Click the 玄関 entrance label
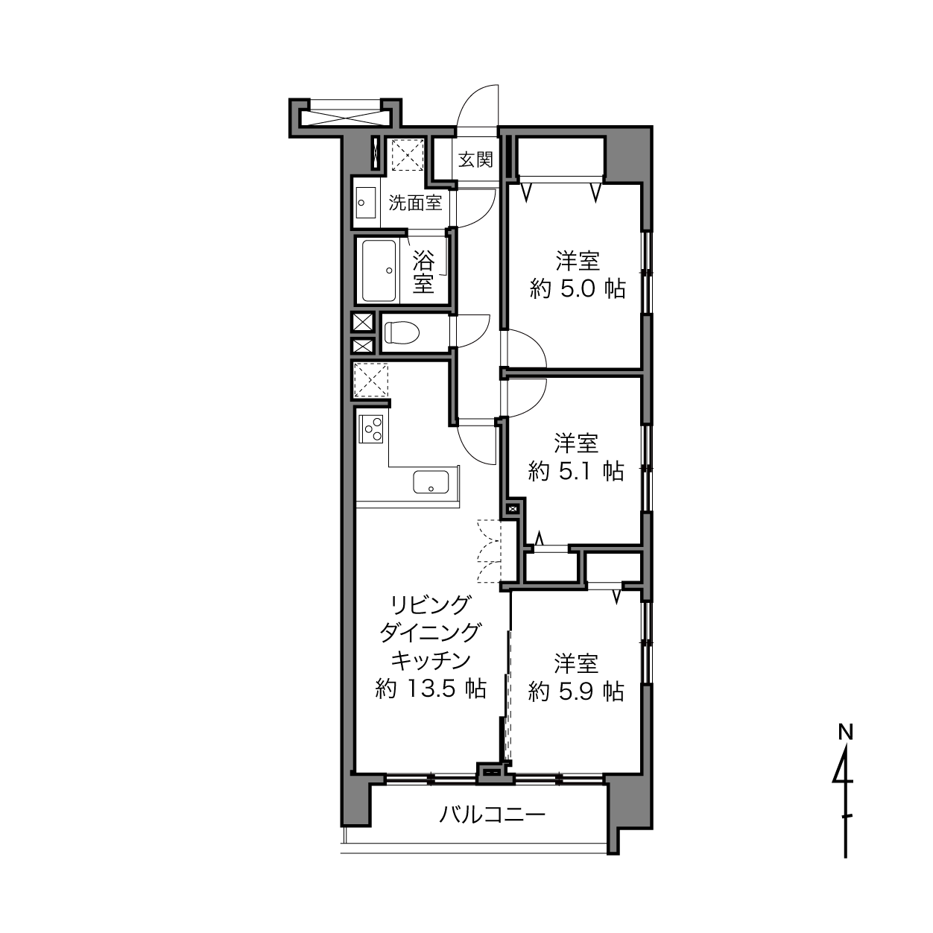click(475, 159)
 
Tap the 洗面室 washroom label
click(415, 203)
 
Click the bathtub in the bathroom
click(379, 271)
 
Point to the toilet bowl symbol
click(402, 332)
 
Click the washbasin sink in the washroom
click(366, 203)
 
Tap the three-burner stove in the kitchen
click(371, 428)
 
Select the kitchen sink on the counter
click(431, 481)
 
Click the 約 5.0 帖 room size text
click(578, 290)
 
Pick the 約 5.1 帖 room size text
click(576, 471)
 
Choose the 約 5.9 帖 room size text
click(576, 692)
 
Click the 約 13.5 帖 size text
click(431, 688)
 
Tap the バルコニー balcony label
click(492, 815)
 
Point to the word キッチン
click(431, 660)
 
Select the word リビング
click(431, 604)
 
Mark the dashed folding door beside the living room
click(488, 551)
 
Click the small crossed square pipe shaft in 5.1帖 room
click(512, 509)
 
